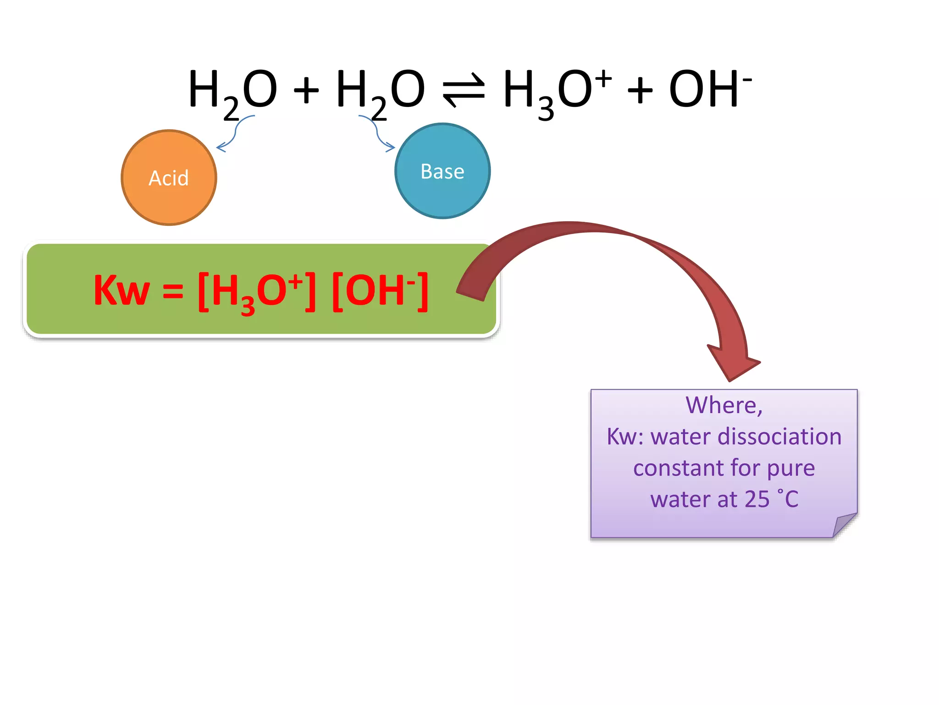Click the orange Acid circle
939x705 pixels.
pyautogui.click(x=169, y=178)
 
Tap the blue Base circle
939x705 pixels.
pyautogui.click(x=442, y=171)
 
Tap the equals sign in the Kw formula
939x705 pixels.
pyautogui.click(x=173, y=291)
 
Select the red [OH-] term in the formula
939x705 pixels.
pyautogui.click(x=380, y=291)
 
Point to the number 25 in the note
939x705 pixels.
pyautogui.click(x=757, y=499)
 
